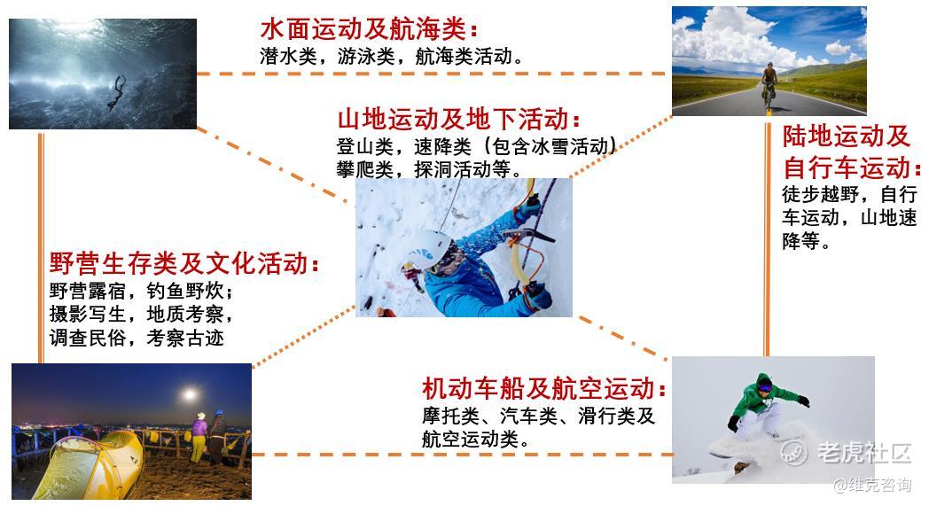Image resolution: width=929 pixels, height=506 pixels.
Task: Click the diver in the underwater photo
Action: (x=117, y=92)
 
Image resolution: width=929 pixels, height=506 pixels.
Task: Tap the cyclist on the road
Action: (x=769, y=85)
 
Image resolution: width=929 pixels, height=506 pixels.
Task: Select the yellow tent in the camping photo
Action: (x=89, y=465)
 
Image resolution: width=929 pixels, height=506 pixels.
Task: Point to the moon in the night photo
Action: (x=190, y=394)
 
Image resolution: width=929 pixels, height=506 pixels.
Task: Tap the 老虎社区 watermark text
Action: (x=863, y=453)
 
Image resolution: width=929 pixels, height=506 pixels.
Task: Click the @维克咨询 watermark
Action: (x=872, y=485)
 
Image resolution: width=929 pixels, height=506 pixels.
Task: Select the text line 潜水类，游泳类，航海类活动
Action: (x=392, y=57)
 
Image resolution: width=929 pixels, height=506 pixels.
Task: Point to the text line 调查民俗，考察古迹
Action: (x=137, y=338)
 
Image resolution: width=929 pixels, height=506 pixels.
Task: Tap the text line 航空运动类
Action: (x=475, y=439)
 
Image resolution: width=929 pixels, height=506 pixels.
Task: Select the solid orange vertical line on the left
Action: (x=41, y=248)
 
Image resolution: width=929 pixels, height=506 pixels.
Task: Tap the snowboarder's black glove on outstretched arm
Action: (x=803, y=401)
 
